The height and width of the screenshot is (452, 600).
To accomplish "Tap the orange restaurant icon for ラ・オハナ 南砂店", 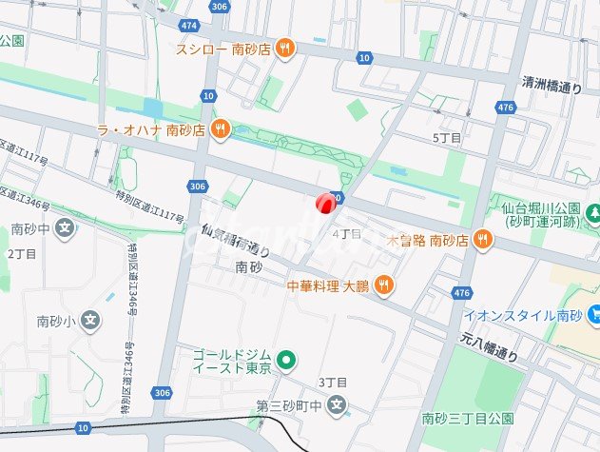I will [221, 129].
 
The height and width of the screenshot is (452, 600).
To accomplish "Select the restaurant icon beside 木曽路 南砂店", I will [483, 240].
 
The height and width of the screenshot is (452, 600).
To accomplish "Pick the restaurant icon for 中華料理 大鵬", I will [383, 284].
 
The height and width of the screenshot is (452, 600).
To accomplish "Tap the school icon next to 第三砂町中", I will [336, 406].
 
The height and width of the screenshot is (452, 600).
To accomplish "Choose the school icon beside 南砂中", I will [64, 228].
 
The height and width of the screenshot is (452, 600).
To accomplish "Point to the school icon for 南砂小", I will [89, 321].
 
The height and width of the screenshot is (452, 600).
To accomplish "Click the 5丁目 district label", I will [447, 139].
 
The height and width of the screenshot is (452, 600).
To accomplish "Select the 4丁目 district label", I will [347, 233].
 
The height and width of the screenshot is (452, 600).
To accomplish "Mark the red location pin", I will [324, 203].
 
